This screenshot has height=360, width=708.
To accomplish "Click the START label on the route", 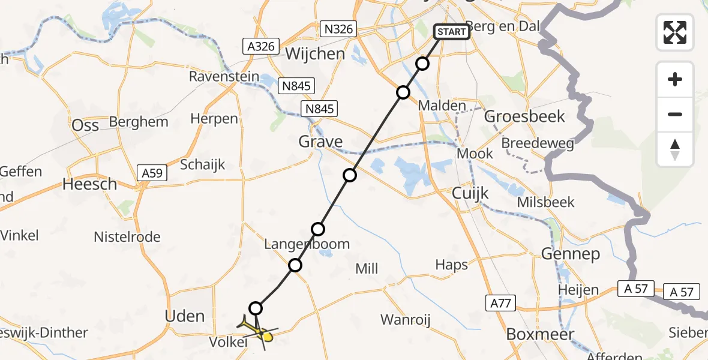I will pos(451,31).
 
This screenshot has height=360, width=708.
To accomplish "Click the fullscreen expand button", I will pos(675,32).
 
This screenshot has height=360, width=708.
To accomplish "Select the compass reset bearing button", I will pos(675,149).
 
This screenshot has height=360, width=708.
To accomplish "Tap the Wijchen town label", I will pos(315,54).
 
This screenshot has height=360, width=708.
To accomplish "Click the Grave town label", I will pos(321,142).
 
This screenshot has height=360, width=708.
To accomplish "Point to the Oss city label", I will pos(85,126).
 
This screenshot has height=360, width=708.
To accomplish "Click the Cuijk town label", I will pos(470,193).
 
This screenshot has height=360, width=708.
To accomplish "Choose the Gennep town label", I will pos(570,254).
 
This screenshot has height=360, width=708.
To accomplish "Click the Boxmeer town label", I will pos(540,334).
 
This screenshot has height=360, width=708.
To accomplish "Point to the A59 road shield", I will pos(152,173).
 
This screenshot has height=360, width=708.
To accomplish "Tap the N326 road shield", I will pos(338,28).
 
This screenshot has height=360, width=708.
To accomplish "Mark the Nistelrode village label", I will pos(127,237).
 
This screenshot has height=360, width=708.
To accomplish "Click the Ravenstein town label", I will pos(224,77).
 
